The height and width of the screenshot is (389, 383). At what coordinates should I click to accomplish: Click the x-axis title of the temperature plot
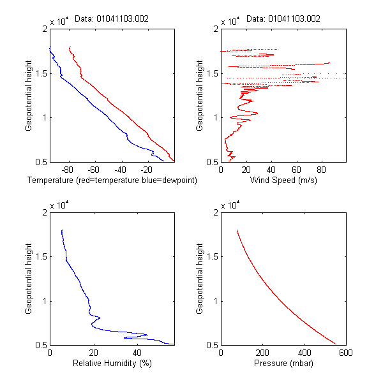(112, 180)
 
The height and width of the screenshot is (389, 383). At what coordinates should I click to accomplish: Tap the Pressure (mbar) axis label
(283, 363)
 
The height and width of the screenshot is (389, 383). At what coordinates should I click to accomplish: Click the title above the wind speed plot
(283, 19)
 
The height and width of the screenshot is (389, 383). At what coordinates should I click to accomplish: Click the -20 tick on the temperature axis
(146, 170)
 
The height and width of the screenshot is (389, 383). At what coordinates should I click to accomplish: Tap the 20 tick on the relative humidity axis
(94, 353)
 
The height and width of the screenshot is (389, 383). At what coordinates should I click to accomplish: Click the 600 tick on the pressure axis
(345, 353)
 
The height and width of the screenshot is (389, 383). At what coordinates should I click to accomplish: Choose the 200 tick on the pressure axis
(262, 353)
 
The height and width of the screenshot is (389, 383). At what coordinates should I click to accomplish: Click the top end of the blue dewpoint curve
(49, 47)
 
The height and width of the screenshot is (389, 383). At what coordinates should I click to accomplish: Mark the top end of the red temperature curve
(69, 47)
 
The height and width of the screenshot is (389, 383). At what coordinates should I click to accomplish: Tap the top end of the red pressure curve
(237, 230)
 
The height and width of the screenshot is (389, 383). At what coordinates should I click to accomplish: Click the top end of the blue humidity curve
(61, 230)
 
